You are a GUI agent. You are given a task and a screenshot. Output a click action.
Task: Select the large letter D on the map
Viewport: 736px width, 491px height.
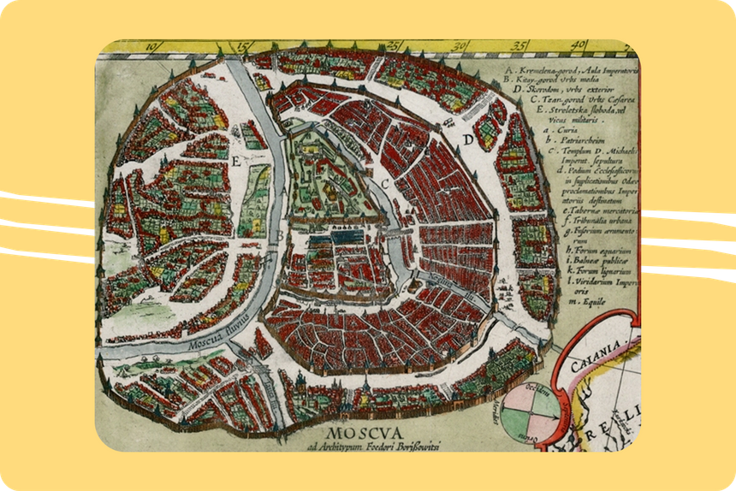tap(468, 139)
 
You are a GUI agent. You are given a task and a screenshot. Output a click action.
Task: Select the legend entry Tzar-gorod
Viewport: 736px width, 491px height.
tap(583, 99)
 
